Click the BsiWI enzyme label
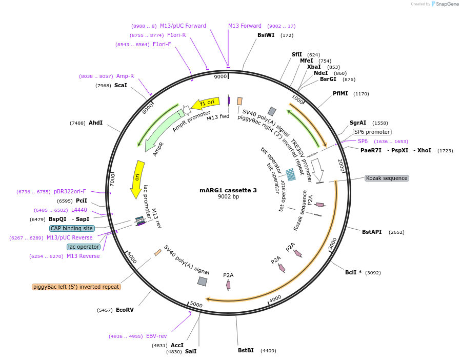[x=266, y=35]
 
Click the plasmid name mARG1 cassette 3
[x=228, y=190]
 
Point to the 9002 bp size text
[x=228, y=196]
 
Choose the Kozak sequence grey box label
[x=387, y=178]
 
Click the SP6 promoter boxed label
[x=372, y=132]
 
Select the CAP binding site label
[x=72, y=228]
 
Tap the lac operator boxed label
[x=83, y=247]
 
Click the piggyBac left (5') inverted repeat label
[x=76, y=287]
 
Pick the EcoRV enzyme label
[x=125, y=310]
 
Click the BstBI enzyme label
[x=246, y=351]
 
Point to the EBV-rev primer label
[x=156, y=336]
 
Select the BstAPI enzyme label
[x=372, y=232]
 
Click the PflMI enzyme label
[x=340, y=94]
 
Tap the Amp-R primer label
[x=125, y=76]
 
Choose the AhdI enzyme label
[x=95, y=123]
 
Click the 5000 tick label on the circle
[x=196, y=305]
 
